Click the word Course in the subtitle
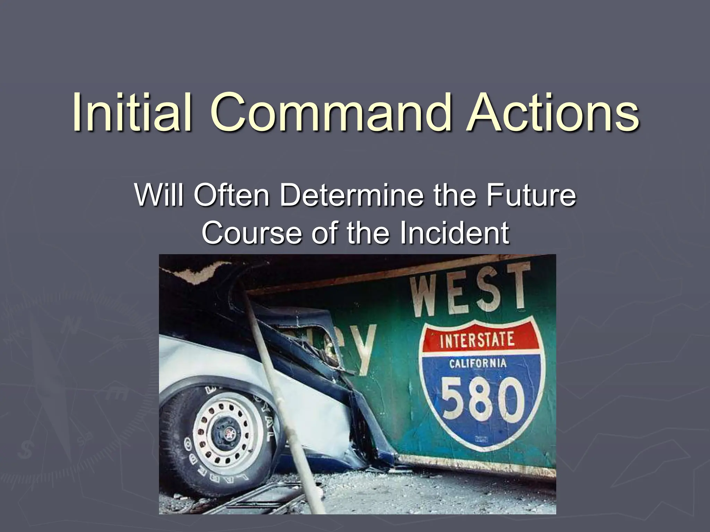click(x=252, y=232)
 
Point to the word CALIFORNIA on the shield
click(x=478, y=364)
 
